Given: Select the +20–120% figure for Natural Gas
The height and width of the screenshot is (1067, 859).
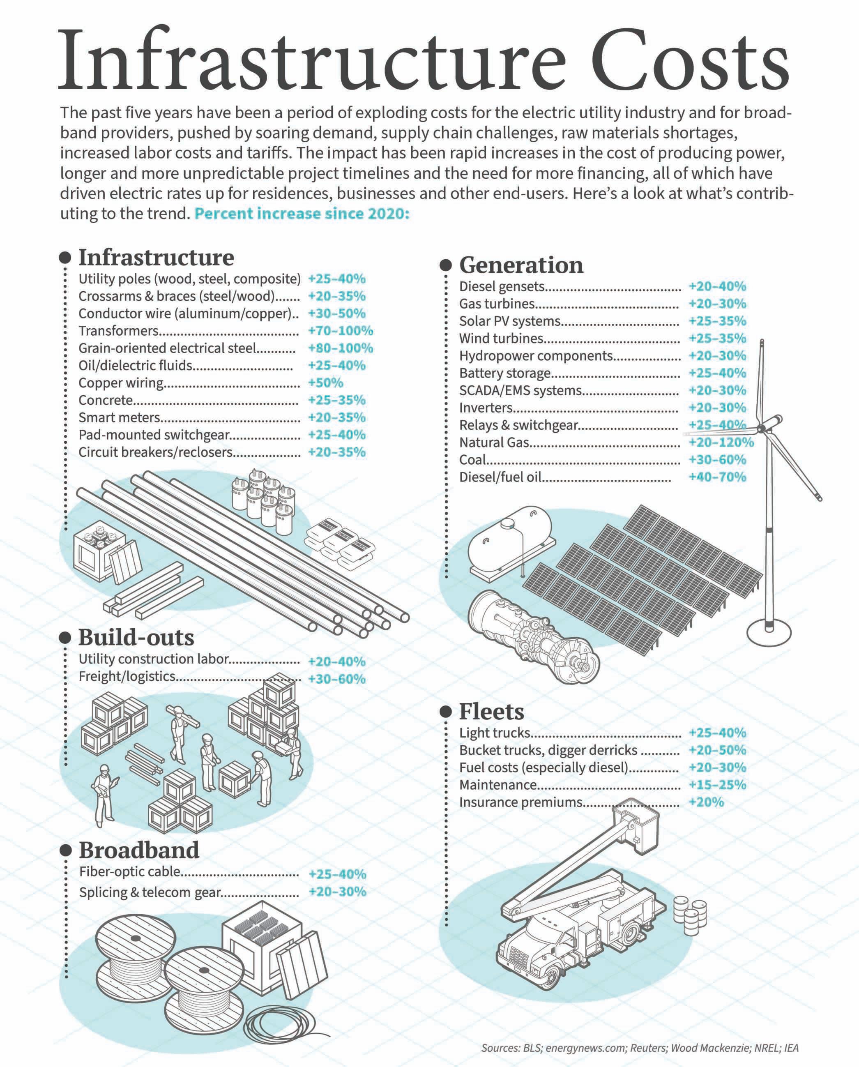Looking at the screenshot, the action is (721, 442).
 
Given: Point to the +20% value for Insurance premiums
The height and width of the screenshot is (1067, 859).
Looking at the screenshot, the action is (706, 802).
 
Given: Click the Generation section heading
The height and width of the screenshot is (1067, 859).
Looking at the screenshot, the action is (521, 265).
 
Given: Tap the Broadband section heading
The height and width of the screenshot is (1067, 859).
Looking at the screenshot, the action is (139, 850).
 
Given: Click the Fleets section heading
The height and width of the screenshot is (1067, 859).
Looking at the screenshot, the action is (491, 712).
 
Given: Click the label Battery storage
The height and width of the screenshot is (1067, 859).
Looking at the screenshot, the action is (505, 373).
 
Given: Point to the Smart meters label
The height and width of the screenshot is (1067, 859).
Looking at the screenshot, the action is (119, 418).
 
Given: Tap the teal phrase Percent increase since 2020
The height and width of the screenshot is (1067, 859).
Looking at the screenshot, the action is (302, 214).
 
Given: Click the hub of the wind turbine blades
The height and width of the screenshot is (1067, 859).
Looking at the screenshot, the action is (762, 428).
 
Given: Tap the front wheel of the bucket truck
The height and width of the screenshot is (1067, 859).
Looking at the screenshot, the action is (551, 977).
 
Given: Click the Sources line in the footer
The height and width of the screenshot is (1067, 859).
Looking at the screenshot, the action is (640, 1048).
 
